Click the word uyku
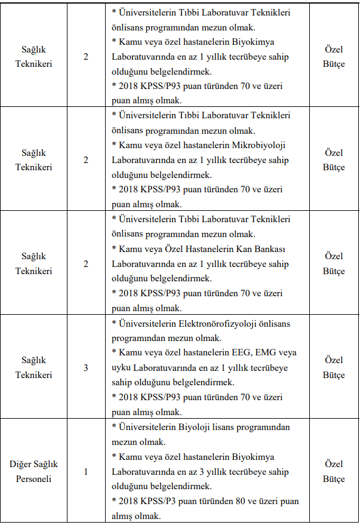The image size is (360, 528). (x=122, y=367)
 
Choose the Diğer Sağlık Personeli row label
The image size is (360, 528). (x=33, y=471)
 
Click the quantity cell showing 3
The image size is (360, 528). (x=86, y=367)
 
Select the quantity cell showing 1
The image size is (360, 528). (x=86, y=471)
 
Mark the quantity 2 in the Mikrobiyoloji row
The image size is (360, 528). (x=86, y=159)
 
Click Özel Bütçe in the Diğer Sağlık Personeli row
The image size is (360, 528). (x=334, y=471)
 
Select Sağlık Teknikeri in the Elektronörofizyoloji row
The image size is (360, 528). (x=33, y=367)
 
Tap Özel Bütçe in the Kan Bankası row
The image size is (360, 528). (x=334, y=263)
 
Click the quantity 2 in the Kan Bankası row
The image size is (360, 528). (x=86, y=263)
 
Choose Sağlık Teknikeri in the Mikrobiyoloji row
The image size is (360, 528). (x=33, y=159)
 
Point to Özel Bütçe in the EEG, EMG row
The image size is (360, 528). (x=334, y=367)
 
